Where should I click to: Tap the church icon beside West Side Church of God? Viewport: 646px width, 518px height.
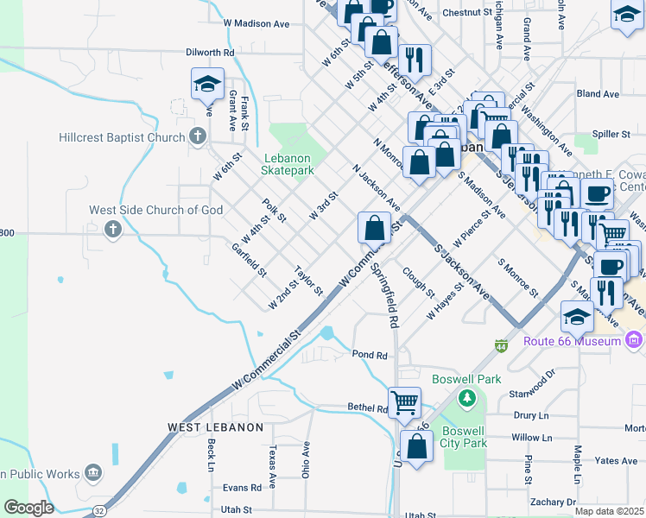(112, 229)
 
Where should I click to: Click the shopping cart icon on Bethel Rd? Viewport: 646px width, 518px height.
(404, 401)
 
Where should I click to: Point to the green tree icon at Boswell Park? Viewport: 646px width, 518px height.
(467, 397)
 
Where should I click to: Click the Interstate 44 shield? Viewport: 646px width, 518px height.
(501, 345)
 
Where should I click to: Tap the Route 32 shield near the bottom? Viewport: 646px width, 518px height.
(101, 511)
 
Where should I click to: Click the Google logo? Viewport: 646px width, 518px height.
(28, 508)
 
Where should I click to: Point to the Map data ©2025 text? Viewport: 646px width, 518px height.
(610, 511)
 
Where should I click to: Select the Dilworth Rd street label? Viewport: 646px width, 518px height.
(210, 52)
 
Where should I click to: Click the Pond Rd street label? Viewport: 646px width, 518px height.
(367, 354)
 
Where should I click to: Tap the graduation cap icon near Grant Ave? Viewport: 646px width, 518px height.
(207, 85)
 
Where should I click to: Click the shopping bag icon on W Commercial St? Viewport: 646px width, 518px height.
(375, 229)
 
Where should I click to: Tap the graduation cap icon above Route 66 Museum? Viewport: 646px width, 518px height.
(577, 317)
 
